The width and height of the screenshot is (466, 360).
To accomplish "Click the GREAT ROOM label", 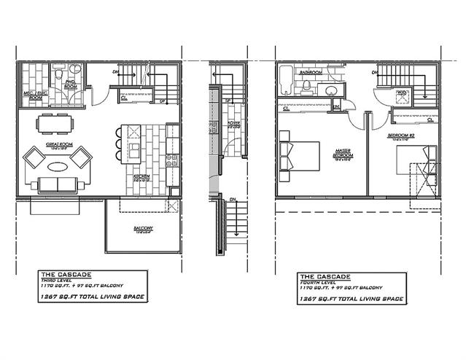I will pos(58,145).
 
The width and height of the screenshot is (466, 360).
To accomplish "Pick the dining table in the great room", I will pos(57,123).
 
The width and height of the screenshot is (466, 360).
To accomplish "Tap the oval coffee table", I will pos(58,165).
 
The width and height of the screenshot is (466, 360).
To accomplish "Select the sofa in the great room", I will pos(58,184).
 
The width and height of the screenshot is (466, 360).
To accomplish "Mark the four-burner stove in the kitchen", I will pos(172,160).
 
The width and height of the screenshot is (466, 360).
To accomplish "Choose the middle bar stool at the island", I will pos(117,145).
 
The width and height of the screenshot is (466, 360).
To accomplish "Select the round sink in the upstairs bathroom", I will pos(331,90).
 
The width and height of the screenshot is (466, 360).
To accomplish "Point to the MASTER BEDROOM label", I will pos(342,155).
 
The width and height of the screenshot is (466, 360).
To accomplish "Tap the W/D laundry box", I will pos(400,94).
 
